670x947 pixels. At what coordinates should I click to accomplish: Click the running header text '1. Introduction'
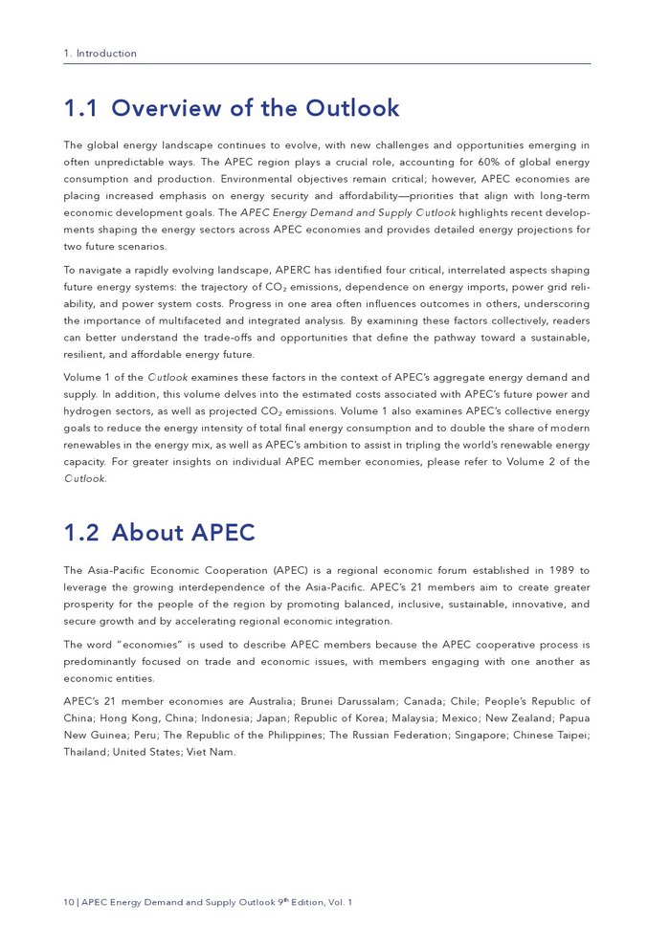pyautogui.click(x=100, y=54)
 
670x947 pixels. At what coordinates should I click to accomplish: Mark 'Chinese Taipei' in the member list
pyautogui.click(x=551, y=735)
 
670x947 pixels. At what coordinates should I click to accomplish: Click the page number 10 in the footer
pyautogui.click(x=69, y=902)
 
